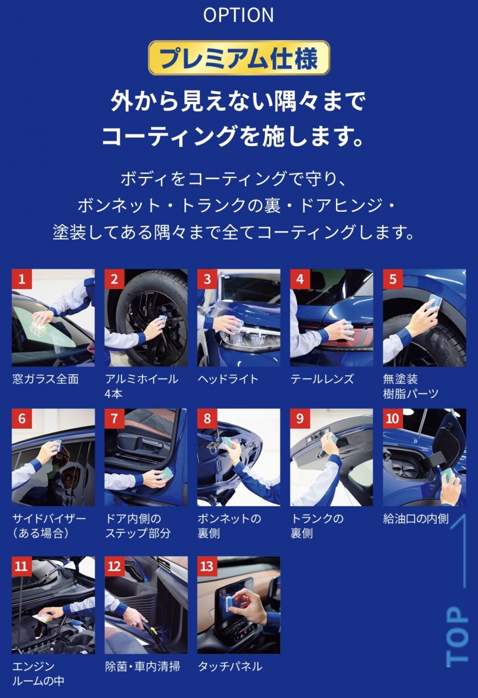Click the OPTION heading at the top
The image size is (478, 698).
[x=238, y=15]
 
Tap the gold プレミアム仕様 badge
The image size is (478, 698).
[x=239, y=58]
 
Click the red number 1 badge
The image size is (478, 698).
[x=22, y=279]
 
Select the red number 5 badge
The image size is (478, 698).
[x=393, y=279]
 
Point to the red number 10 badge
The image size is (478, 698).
[x=393, y=418]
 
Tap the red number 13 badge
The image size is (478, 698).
[x=208, y=566]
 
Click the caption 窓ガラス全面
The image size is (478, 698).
[x=45, y=379]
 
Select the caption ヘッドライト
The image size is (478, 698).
[x=228, y=379]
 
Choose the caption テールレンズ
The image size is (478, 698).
[x=322, y=379]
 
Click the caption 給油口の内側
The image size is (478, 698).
[x=416, y=519]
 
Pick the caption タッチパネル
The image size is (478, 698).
[x=230, y=667]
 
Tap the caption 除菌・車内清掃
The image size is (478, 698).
[x=142, y=667]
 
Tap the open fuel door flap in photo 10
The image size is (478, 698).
[x=444, y=443]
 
